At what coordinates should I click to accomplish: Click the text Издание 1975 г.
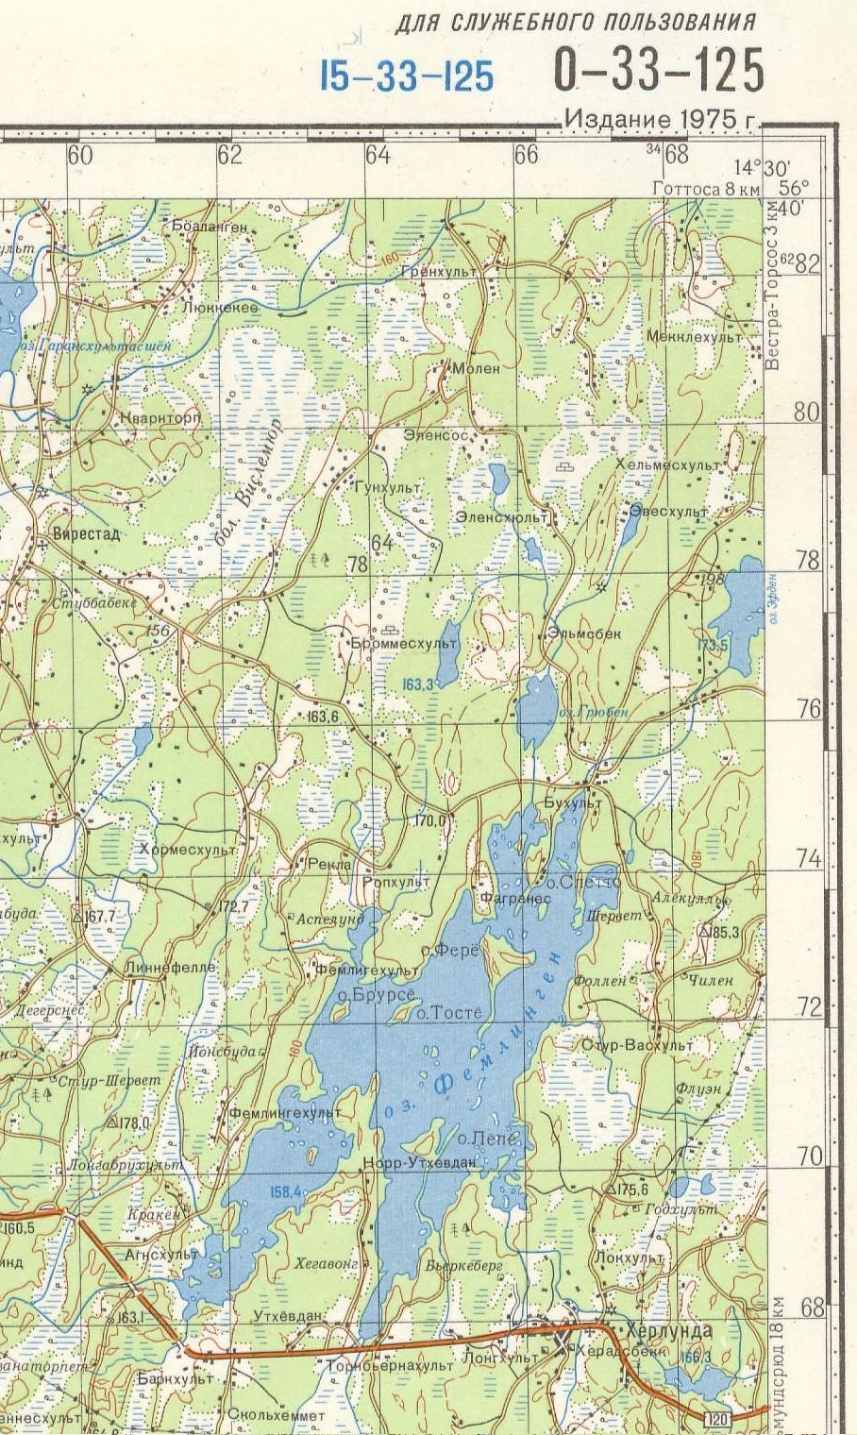[x=662, y=120]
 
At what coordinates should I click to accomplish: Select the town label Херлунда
[x=663, y=1329]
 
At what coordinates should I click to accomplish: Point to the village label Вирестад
[x=87, y=533]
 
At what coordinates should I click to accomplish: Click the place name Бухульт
[x=572, y=802]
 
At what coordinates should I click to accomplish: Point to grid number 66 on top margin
[x=526, y=155]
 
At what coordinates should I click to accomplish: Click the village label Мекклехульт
[x=694, y=336]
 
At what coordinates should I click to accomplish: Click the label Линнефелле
[x=170, y=968]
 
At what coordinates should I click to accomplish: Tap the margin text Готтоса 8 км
[x=705, y=189]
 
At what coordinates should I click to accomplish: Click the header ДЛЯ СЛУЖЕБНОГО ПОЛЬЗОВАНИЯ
[x=575, y=22]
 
